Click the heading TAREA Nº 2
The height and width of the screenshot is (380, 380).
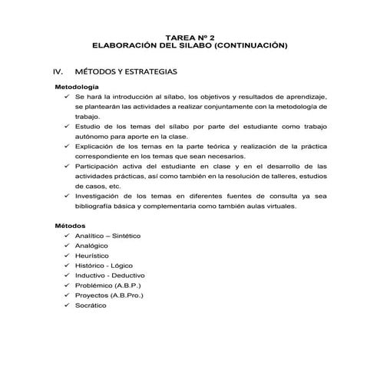[x=190, y=36]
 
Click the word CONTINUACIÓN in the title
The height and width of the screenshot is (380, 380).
[x=250, y=46]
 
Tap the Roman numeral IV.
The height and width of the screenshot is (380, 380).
[x=58, y=71]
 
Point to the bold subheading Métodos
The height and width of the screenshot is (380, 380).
[x=68, y=226]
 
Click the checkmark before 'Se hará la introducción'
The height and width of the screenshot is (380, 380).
[x=68, y=98]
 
